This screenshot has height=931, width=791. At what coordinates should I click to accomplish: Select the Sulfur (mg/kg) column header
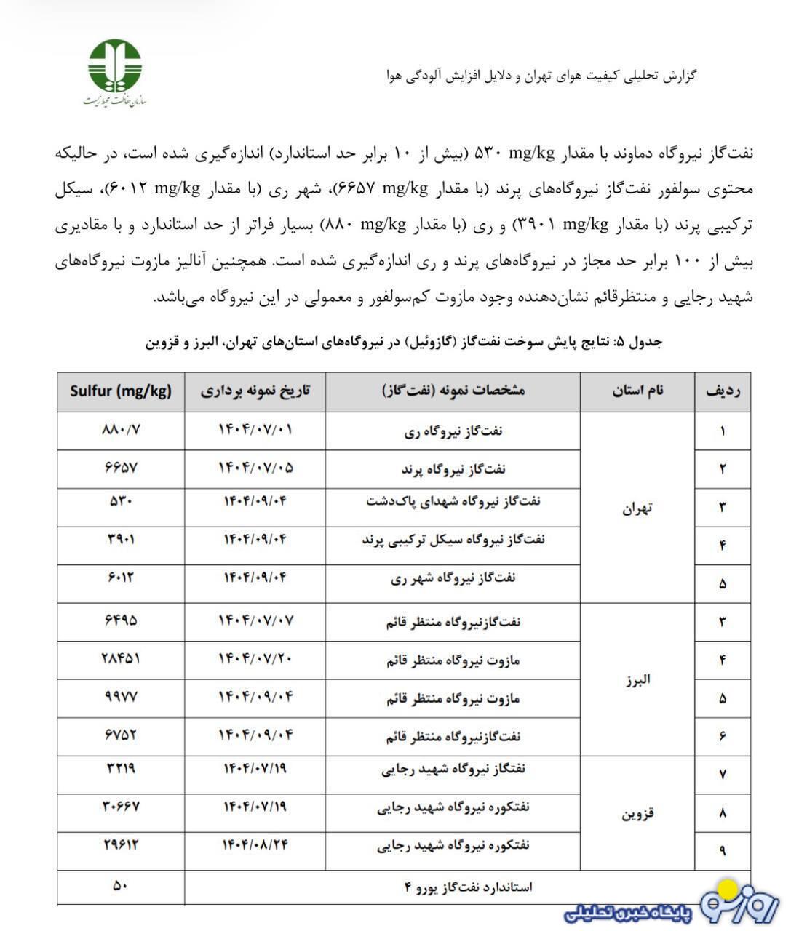pyautogui.click(x=121, y=391)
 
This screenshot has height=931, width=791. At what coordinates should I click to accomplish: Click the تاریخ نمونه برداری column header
pyautogui.click(x=255, y=391)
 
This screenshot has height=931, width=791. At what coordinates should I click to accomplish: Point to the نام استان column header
pyautogui.click(x=637, y=391)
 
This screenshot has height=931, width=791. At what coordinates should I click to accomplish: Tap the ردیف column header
pyautogui.click(x=723, y=391)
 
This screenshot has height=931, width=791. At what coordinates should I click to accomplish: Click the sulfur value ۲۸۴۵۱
pyautogui.click(x=121, y=658)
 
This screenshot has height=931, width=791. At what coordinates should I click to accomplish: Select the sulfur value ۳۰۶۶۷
pyautogui.click(x=121, y=806)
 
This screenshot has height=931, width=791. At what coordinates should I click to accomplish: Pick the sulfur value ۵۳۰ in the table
pyautogui.click(x=121, y=500)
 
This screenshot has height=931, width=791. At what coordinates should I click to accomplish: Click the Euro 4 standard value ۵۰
pyautogui.click(x=121, y=886)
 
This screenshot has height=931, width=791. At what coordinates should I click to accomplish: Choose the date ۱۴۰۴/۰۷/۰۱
pyautogui.click(x=255, y=429)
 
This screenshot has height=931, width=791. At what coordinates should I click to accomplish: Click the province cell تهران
pyautogui.click(x=637, y=508)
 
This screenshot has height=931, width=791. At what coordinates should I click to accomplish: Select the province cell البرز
pyautogui.click(x=637, y=679)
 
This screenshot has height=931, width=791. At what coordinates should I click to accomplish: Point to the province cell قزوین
pyautogui.click(x=637, y=813)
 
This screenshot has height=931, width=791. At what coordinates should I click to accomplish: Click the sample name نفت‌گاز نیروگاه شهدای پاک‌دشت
pyautogui.click(x=453, y=501)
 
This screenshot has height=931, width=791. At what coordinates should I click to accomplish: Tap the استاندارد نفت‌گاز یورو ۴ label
pyautogui.click(x=468, y=887)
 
